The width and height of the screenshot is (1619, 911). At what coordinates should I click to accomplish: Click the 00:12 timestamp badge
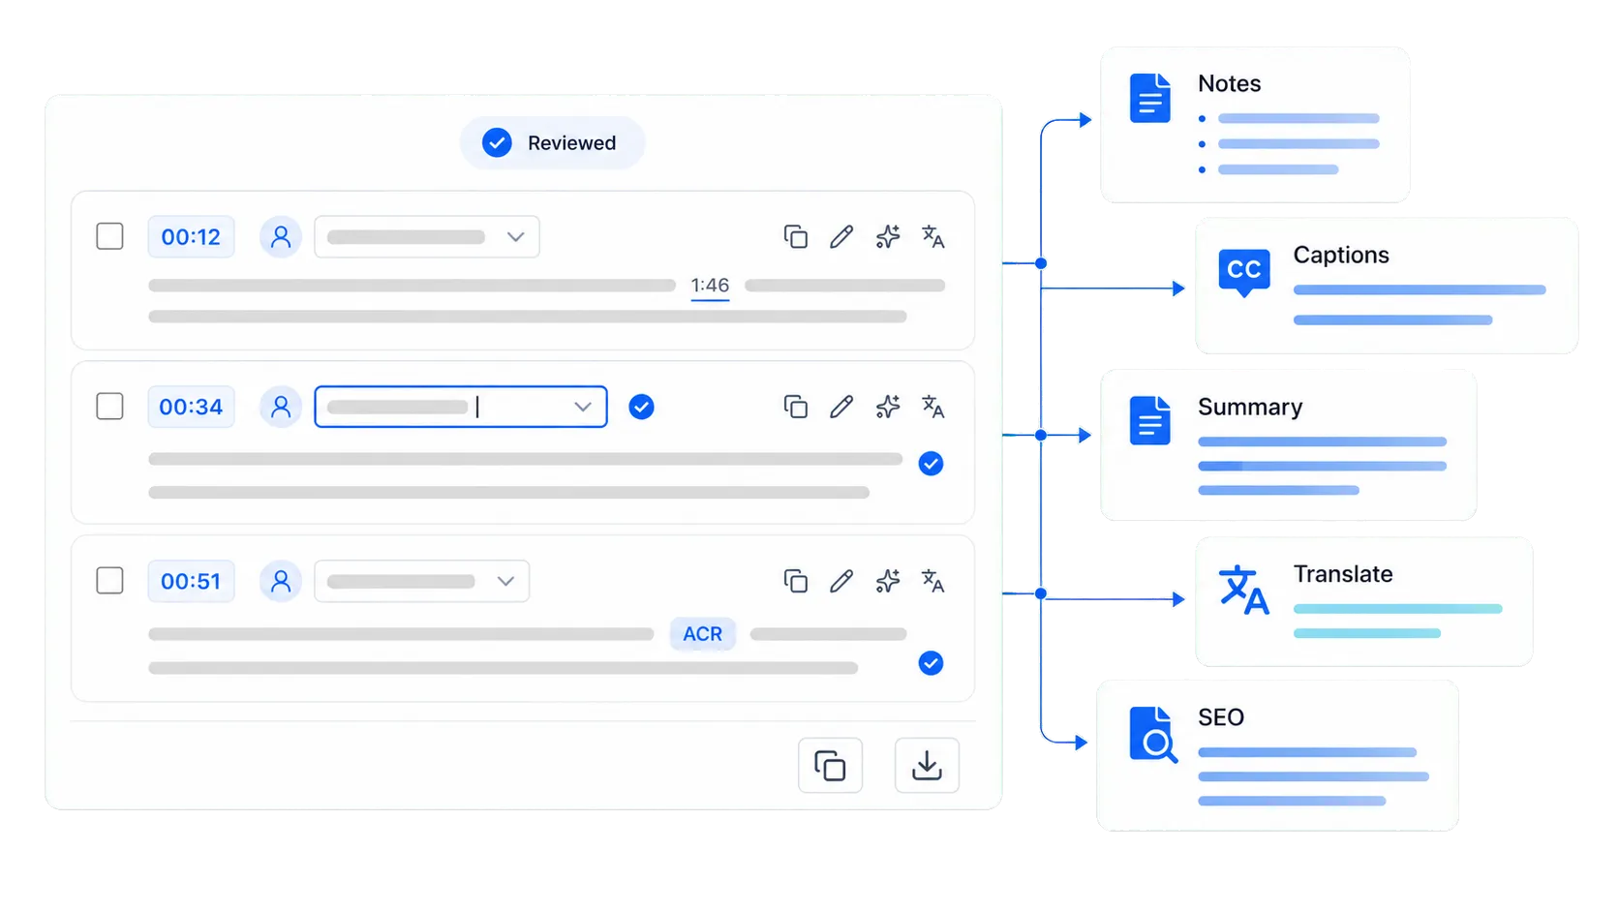coord(191,237)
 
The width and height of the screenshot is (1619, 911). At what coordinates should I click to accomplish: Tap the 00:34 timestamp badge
coord(191,407)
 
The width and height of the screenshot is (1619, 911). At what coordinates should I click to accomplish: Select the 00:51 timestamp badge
coord(191,581)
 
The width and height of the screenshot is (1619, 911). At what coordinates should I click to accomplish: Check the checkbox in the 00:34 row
coord(109,407)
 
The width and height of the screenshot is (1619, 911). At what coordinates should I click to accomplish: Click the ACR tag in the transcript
coord(703,633)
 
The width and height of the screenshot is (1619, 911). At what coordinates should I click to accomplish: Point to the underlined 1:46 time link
coord(710,287)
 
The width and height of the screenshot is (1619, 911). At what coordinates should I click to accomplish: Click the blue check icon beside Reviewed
coord(498,143)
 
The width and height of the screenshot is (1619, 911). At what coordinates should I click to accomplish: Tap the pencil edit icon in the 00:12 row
coord(841,237)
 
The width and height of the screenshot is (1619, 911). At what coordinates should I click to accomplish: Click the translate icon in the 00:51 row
coord(933,581)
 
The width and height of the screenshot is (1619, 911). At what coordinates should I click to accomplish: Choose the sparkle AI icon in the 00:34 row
coord(888,407)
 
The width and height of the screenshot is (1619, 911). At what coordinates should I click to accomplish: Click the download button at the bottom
coord(927,765)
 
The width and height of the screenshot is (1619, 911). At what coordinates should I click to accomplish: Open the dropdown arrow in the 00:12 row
coord(515,237)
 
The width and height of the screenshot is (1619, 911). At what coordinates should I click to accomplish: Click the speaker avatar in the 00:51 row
coord(281,581)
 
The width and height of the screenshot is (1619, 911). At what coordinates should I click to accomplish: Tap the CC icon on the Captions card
coord(1244,272)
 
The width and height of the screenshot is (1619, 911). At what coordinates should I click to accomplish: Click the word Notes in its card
coord(1230,84)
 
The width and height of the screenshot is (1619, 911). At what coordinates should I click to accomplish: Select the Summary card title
coord(1250,408)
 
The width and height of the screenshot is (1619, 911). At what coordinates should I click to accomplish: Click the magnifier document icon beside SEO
coord(1152,735)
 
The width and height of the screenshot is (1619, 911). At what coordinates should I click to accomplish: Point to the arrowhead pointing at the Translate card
coord(1178,599)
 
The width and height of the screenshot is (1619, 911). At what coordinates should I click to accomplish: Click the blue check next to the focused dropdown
coord(641,407)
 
